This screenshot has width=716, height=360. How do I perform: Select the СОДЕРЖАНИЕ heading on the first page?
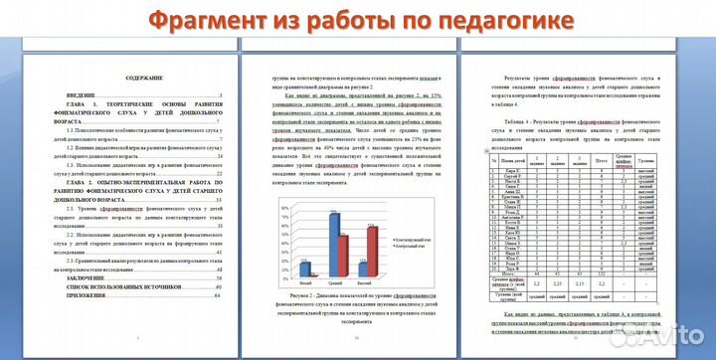[130, 79]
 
